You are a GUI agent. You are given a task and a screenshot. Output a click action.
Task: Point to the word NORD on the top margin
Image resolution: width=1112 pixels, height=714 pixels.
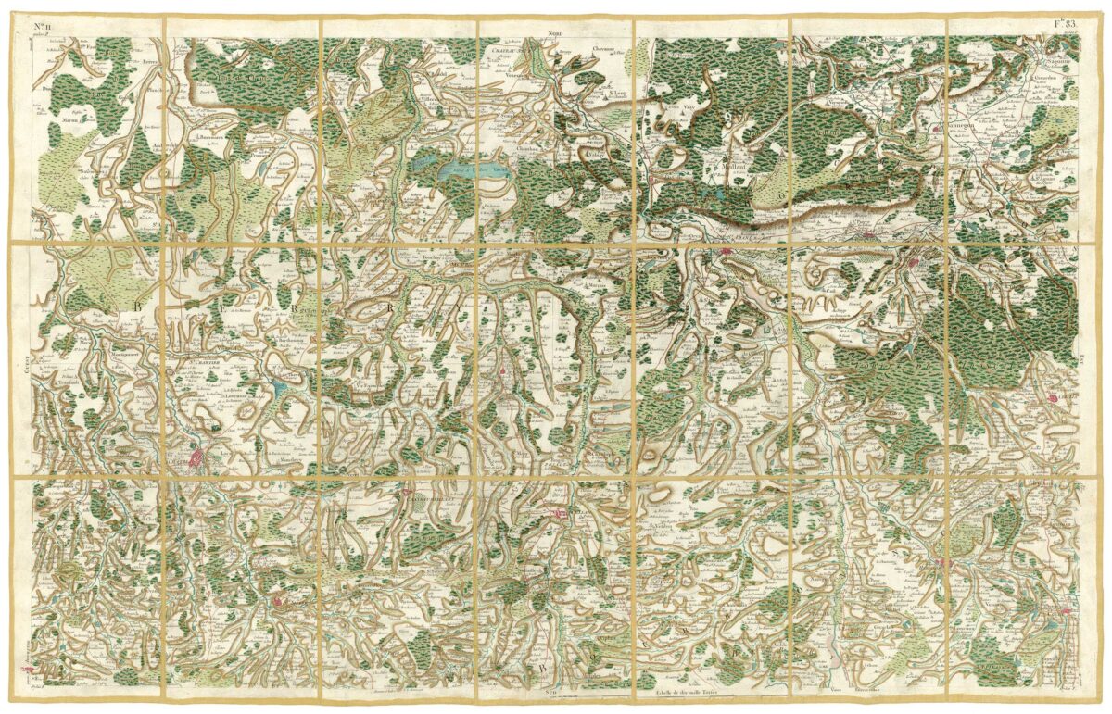[x=556, y=31]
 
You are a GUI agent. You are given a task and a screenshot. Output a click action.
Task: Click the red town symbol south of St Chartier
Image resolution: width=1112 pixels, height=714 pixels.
[x=196, y=457]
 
